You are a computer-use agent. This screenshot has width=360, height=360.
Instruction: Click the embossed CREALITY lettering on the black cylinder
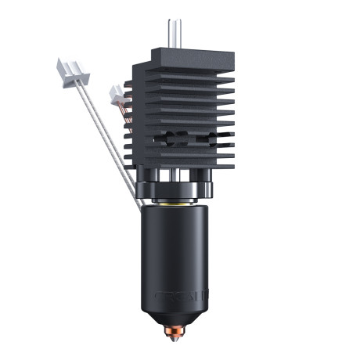[x=178, y=297]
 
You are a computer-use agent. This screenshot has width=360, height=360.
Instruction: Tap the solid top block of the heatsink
[x=188, y=56]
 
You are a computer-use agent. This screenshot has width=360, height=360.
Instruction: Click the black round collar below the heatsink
[x=178, y=189]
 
